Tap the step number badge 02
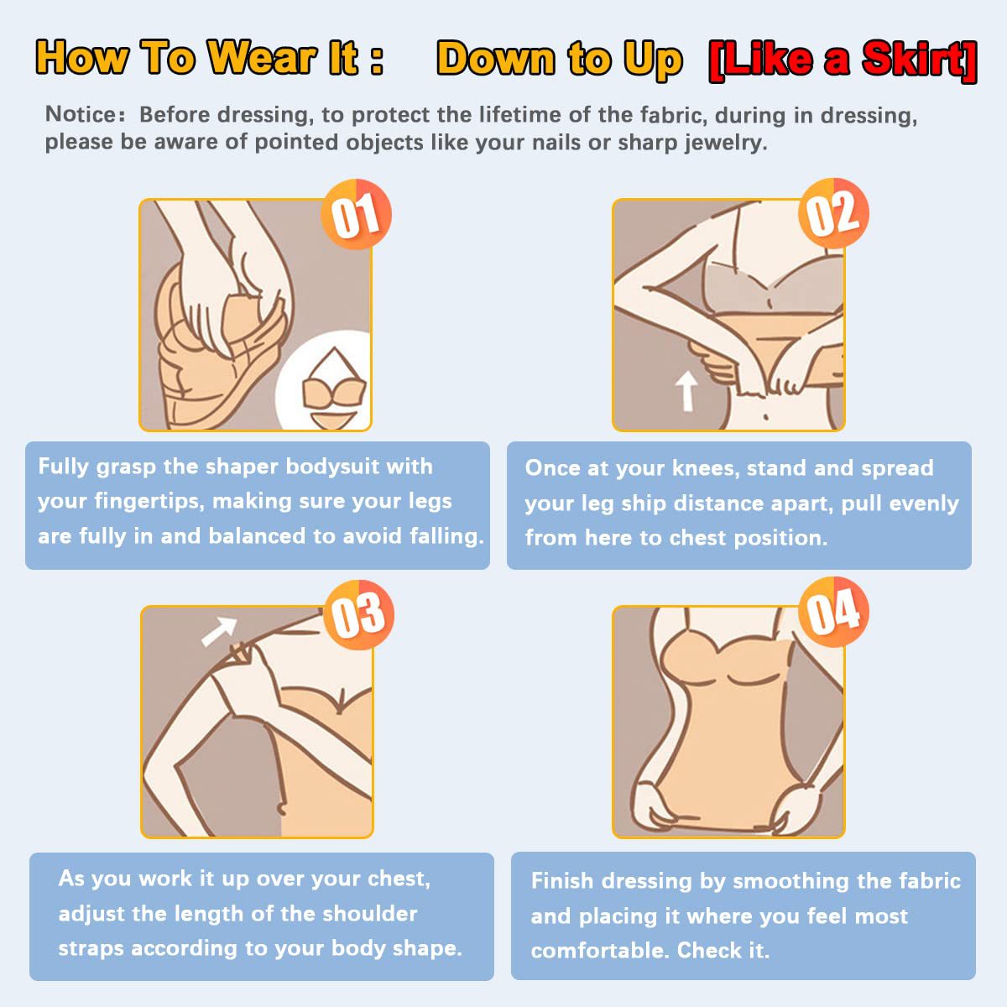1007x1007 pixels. [x=833, y=213]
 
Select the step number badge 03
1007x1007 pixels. [x=358, y=614]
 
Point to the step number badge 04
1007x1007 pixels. [x=833, y=612]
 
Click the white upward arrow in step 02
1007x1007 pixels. [x=686, y=391]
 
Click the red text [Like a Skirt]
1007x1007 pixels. [x=843, y=60]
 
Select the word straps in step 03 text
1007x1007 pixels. [x=91, y=949]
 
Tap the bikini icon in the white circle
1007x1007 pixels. [x=333, y=389]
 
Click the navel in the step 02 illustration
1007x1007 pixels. [x=765, y=416]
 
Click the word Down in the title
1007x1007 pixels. [x=496, y=58]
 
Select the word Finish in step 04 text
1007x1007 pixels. [x=562, y=881]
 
